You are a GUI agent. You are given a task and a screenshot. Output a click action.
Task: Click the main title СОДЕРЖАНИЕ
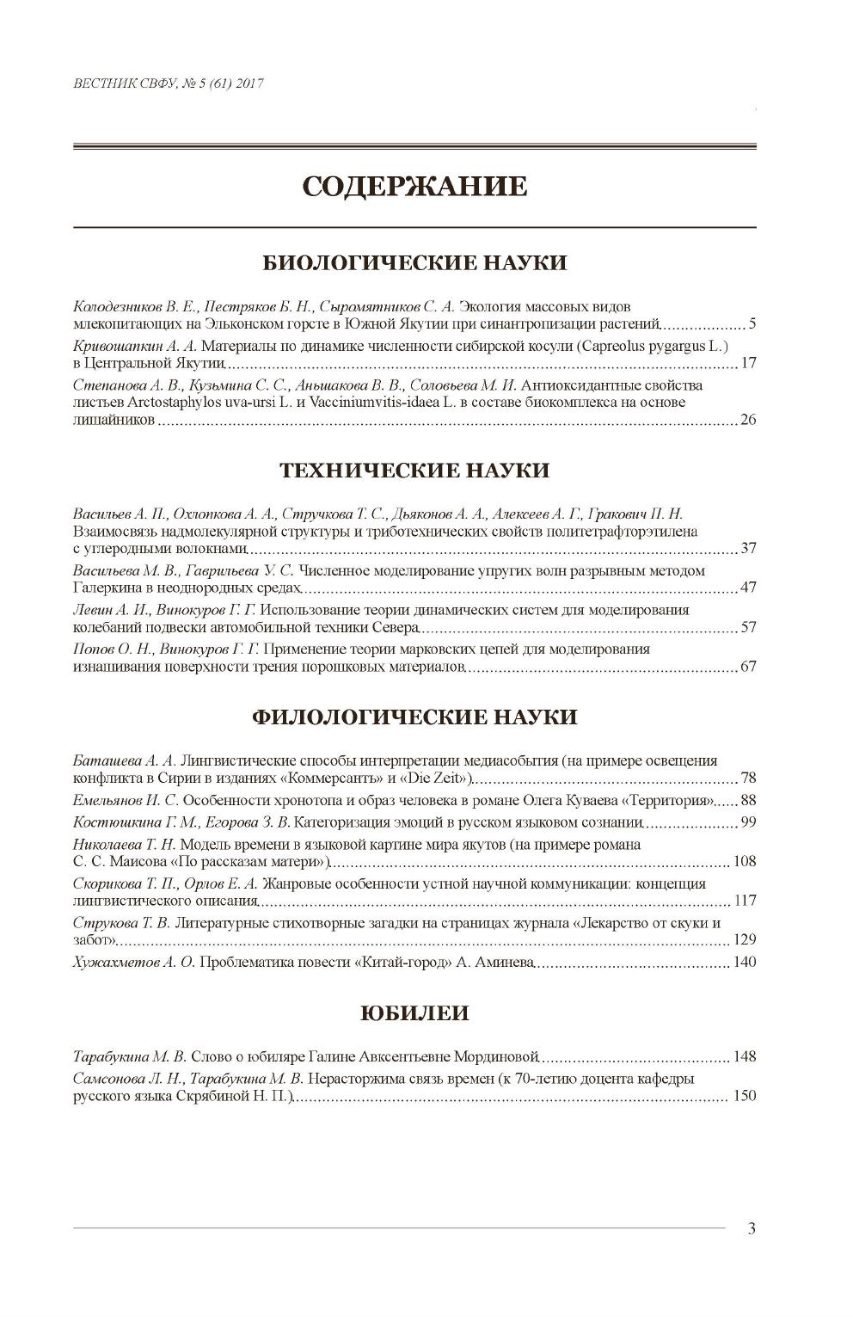(x=414, y=187)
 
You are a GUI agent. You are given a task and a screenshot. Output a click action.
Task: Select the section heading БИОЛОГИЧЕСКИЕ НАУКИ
(x=414, y=262)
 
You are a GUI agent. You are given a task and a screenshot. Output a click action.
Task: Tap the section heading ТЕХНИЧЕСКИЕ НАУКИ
(x=414, y=470)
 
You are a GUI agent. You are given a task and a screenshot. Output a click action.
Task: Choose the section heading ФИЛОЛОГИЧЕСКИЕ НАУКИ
(x=414, y=717)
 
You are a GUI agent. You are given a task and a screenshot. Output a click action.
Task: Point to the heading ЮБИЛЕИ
(x=414, y=1012)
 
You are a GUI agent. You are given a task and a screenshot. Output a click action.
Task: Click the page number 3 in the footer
(x=752, y=1228)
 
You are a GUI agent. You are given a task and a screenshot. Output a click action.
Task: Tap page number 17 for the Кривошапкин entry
(x=747, y=363)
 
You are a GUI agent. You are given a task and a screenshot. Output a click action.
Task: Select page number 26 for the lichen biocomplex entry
(x=747, y=421)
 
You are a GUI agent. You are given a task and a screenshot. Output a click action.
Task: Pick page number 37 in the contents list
(x=747, y=549)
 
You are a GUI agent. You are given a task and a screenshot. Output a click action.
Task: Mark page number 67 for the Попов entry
(x=747, y=667)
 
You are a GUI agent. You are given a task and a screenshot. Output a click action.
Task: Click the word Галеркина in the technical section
(x=101, y=588)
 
